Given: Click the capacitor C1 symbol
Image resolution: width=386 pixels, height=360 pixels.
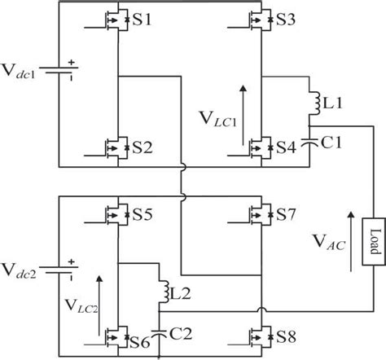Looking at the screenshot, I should (310, 139).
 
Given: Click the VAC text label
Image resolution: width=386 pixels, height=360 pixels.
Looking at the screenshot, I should (327, 241).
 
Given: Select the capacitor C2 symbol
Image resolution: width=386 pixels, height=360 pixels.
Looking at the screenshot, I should (160, 331).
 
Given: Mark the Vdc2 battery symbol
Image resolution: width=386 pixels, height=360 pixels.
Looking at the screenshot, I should (59, 266).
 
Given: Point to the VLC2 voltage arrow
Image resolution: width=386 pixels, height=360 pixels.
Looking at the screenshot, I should (100, 302).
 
